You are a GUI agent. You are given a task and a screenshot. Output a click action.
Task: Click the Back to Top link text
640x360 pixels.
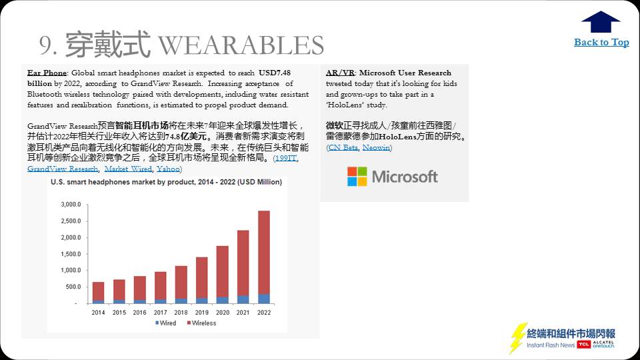coord(601,42)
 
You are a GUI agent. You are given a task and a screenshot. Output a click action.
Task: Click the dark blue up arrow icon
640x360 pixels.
coord(601,21)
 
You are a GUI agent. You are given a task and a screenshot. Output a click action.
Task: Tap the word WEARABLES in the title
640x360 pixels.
coord(241,45)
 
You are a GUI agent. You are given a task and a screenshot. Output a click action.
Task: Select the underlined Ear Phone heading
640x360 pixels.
coord(47,73)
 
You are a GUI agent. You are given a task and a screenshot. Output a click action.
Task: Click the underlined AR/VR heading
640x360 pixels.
coord(340,73)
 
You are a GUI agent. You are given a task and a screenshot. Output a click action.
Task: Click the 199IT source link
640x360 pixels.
coord(286,158)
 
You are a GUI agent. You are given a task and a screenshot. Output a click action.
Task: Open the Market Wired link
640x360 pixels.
coord(128,169)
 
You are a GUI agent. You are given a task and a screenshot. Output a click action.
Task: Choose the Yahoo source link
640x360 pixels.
coord(168,169)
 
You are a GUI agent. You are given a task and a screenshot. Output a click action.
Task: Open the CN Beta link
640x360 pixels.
coord(343,147)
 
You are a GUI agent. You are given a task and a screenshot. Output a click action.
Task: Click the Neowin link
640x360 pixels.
coord(376,147)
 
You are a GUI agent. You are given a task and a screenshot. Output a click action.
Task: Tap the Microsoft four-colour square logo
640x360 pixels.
coord(357,176)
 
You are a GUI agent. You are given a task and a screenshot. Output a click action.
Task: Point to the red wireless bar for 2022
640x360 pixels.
coord(264,253)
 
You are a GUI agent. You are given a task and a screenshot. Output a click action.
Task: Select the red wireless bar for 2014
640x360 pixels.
coord(99,291)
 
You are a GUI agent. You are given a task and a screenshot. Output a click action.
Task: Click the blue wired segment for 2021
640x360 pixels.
coord(243,299)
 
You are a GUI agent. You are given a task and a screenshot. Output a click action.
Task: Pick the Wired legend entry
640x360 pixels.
coord(166,323)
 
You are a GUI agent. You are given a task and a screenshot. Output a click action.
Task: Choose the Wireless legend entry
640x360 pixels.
coord(201,323)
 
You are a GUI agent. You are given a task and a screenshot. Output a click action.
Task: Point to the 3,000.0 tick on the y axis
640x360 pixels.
coord(71,204)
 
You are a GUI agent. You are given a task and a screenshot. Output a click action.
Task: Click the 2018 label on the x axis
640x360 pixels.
coord(181,312)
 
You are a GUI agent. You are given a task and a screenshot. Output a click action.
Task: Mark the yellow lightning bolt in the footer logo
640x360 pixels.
coord(517,338)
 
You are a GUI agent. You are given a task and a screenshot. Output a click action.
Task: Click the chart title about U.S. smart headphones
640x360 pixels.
coord(166,182)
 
